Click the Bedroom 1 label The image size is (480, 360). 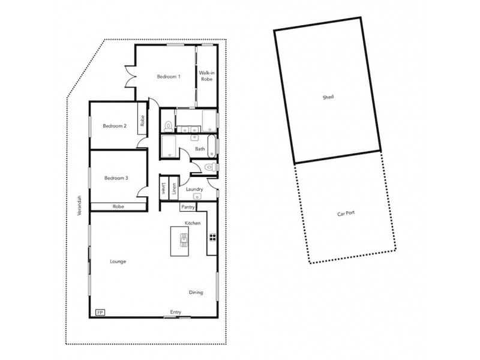click(169, 77)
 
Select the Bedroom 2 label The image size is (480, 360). click(114, 126)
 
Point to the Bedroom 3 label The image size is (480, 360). click(116, 178)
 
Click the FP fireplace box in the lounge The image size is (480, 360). click(100, 312)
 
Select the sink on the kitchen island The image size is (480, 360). click(184, 241)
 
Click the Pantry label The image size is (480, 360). click(188, 208)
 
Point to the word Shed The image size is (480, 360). click(328, 97)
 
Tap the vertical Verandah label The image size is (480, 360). click(78, 204)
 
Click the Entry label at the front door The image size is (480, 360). click(176, 312)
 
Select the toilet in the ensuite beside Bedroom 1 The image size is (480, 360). click(167, 125)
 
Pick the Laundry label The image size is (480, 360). click(194, 190)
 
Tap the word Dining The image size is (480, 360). click(196, 293)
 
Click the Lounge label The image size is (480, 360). click(118, 262)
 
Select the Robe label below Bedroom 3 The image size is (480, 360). click(118, 207)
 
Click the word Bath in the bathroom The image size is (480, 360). click(200, 149)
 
